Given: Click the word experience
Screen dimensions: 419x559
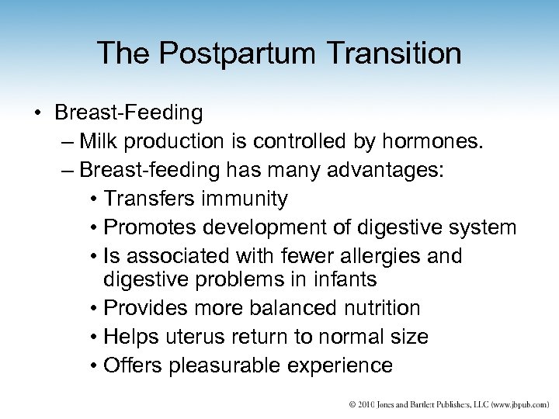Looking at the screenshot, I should point(341,365).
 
